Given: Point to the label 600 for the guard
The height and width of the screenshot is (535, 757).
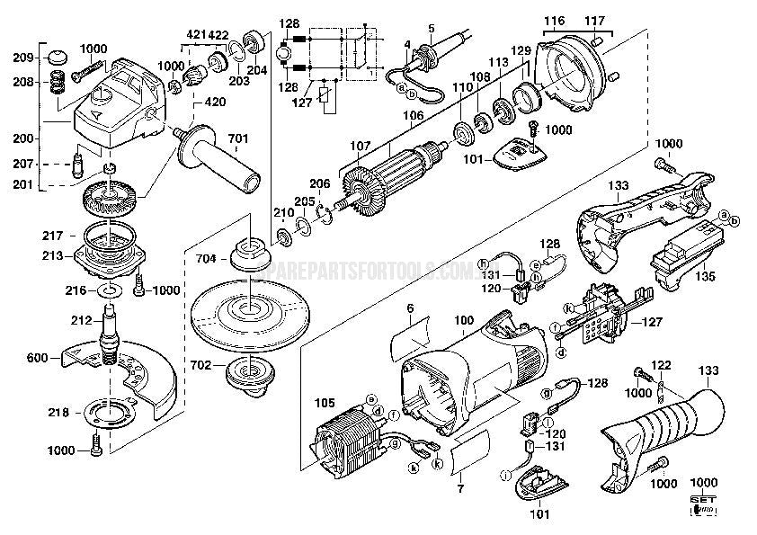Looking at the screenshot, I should pyautogui.click(x=36, y=357).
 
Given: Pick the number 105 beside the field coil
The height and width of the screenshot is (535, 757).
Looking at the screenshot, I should pyautogui.click(x=325, y=403).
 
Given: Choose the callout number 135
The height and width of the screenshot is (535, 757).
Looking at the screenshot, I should pyautogui.click(x=704, y=277).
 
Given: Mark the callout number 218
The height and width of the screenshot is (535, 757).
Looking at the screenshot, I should pyautogui.click(x=56, y=413).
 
